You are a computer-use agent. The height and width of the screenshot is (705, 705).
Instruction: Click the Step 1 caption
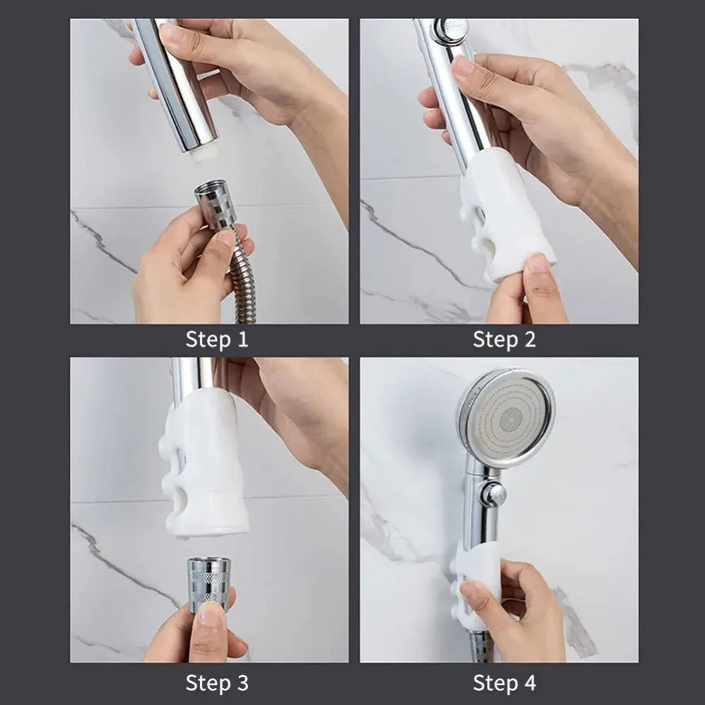point(216,339)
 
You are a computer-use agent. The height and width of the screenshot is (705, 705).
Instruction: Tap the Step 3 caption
point(216,682)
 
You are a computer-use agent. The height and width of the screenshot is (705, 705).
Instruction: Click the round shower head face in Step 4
point(506,417)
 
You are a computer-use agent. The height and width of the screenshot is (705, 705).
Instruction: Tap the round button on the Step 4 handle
point(494,493)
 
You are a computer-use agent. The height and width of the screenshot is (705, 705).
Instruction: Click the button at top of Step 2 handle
point(450,30)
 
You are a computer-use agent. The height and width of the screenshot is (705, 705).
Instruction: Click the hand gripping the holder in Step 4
point(522,606)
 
